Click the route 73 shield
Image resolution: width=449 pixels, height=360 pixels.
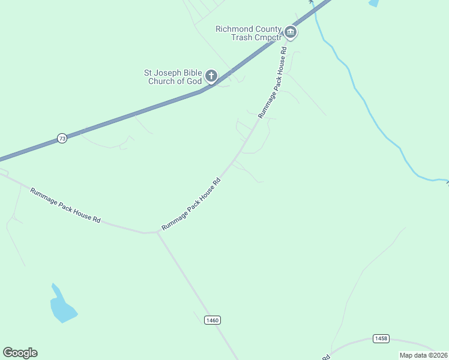pyautogui.click(x=62, y=139)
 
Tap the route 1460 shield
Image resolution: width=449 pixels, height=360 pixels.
pyautogui.click(x=212, y=320)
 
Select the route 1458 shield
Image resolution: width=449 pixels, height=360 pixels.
pyautogui.click(x=380, y=339)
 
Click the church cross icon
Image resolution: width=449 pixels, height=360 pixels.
pyautogui.click(x=211, y=76)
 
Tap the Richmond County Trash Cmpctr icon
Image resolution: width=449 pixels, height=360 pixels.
pyautogui.click(x=291, y=32)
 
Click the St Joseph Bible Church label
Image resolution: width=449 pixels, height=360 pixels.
pyautogui.click(x=173, y=77)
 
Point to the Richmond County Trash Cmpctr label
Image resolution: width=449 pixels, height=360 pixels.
pyautogui.click(x=249, y=33)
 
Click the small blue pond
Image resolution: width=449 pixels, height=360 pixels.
pyautogui.click(x=62, y=307)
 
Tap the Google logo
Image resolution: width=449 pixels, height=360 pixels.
pyautogui.click(x=20, y=353)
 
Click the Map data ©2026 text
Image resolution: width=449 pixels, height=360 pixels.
pyautogui.click(x=423, y=355)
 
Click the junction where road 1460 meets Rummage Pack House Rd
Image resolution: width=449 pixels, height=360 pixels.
pyautogui.click(x=157, y=232)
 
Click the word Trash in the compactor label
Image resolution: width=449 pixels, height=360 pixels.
pyautogui.click(x=241, y=37)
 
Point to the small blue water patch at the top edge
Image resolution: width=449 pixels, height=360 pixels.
pyautogui.click(x=374, y=3)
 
